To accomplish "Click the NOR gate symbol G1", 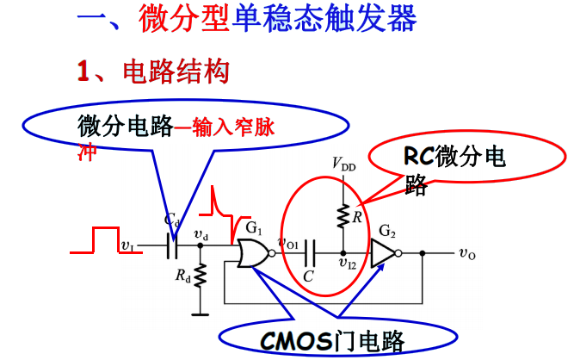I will pyautogui.click(x=251, y=254).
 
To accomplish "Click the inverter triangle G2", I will pyautogui.click(x=384, y=254).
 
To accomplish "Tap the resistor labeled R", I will pyautogui.click(x=342, y=214).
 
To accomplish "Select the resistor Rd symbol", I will pyautogui.click(x=200, y=276).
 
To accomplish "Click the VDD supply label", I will pyautogui.click(x=342, y=164).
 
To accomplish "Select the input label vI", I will pyautogui.click(x=127, y=247).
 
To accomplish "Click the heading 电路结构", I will pyautogui.click(x=176, y=71).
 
